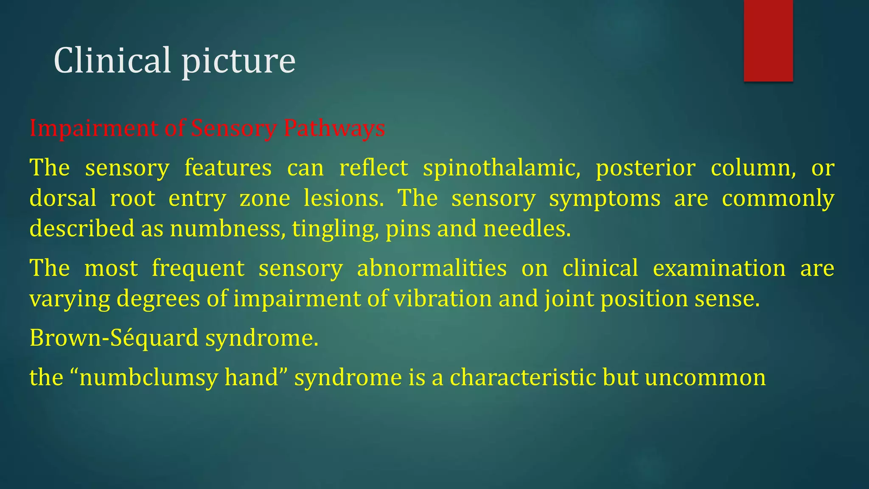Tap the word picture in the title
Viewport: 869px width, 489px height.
238,62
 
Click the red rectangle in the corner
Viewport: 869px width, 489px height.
768,40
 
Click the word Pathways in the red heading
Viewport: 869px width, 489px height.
334,128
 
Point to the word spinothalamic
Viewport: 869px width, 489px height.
502,168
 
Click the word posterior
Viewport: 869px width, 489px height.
645,168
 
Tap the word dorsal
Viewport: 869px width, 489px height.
63,198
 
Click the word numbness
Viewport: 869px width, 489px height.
227,229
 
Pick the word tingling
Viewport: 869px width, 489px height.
335,230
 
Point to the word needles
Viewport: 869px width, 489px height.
527,229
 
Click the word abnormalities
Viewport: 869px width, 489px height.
432,268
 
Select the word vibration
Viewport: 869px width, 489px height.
443,298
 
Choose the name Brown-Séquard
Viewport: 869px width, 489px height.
114,338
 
